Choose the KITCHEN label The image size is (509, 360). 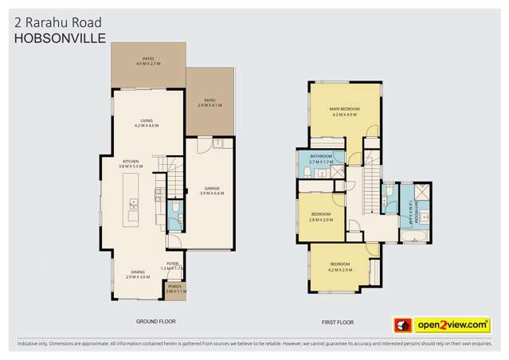point(131,162)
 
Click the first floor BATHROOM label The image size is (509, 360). point(321,155)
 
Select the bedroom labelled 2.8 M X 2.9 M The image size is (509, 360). point(321,216)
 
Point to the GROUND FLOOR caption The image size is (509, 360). point(156,322)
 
